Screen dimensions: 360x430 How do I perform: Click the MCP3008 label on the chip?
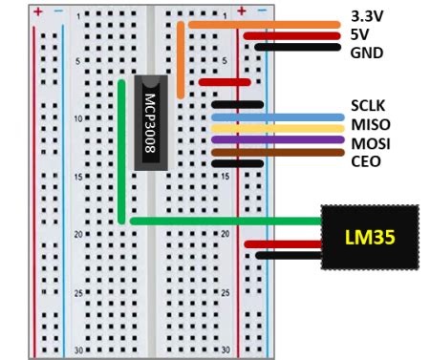coord(151,121)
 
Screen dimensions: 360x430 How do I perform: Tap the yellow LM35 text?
coord(371,235)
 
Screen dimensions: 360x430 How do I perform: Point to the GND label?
coord(366,53)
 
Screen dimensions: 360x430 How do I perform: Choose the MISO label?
coord(370,125)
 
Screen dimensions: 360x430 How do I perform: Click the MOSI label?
coord(370,143)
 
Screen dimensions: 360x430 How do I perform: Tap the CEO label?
coord(366,161)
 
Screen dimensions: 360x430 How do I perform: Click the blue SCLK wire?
coord(277,117)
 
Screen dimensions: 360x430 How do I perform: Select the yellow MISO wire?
coord(277,129)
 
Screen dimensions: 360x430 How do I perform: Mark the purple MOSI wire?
coord(277,140)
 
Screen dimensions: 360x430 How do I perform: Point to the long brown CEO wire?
coord(277,152)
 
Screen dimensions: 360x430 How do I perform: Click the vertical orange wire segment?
coord(182,62)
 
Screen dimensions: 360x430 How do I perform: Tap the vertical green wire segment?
coord(121,153)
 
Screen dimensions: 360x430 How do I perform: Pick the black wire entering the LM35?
coord(287,255)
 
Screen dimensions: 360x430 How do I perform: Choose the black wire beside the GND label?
coord(297,47)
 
